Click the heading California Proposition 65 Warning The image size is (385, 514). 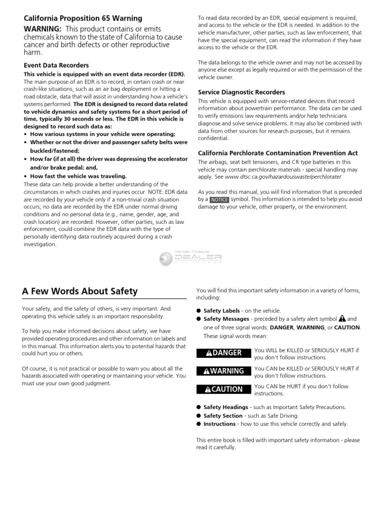83,19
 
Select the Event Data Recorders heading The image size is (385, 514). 56,65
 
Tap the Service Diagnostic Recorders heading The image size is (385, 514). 242,92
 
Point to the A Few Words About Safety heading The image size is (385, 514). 80,292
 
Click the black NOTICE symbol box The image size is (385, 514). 219,199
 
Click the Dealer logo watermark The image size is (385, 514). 191,258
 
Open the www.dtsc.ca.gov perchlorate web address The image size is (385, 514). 283,177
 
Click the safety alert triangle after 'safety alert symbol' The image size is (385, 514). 342,319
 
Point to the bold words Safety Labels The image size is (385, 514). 222,311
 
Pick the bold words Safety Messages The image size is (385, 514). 226,319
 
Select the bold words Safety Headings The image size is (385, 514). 226,407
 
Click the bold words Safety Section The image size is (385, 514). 223,416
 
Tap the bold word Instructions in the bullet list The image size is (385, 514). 219,424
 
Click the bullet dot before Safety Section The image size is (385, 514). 199,416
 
